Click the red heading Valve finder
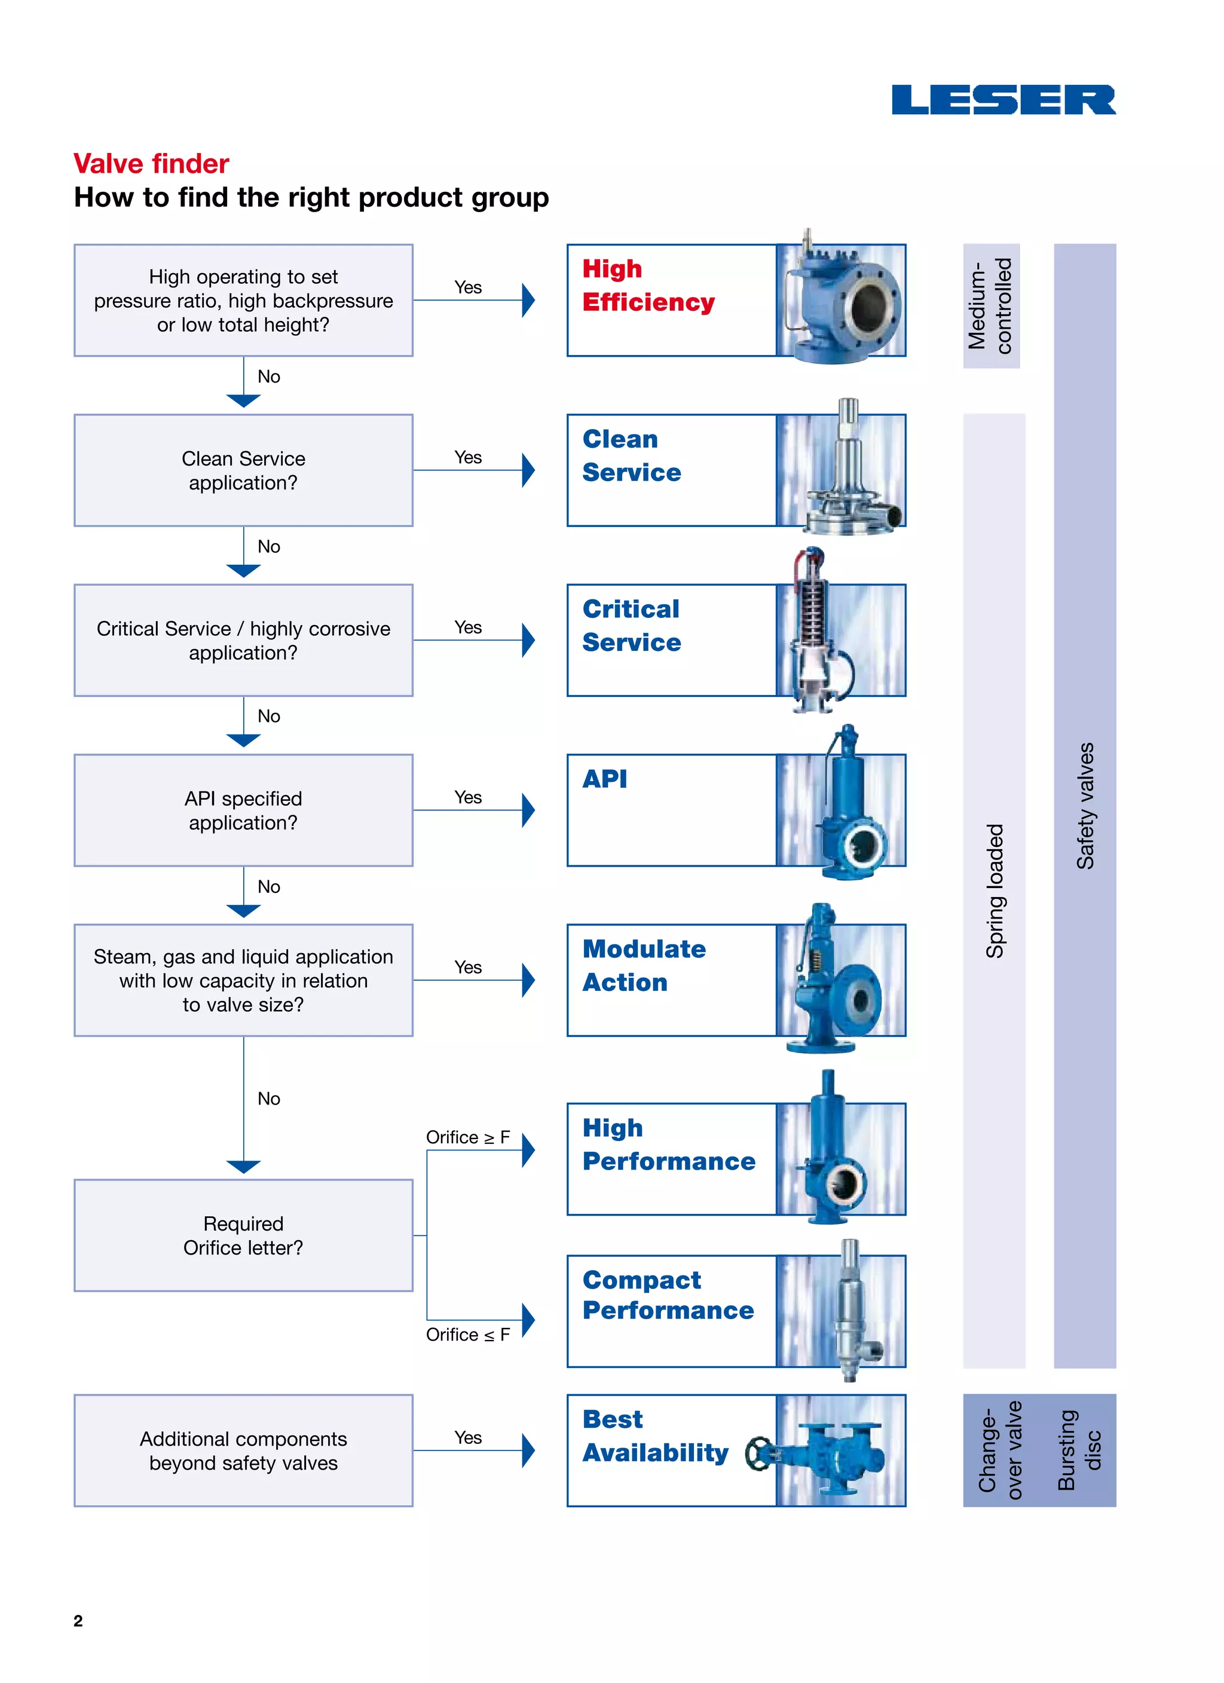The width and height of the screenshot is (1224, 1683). click(151, 163)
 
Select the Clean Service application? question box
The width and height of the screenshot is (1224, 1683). click(243, 470)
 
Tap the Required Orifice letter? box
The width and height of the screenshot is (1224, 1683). click(243, 1235)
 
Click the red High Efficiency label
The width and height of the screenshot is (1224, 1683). click(648, 286)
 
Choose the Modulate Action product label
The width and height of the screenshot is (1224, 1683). click(644, 965)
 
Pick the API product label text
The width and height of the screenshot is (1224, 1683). click(604, 779)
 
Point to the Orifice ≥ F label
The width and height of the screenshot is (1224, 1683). click(467, 1137)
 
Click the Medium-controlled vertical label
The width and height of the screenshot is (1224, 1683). click(991, 306)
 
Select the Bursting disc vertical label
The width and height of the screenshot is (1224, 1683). click(1079, 1450)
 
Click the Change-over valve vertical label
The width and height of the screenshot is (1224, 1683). click(1000, 1450)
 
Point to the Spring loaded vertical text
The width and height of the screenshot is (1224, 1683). click(994, 891)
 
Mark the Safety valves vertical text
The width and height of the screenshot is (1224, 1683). click(1085, 806)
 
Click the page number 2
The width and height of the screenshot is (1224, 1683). click(78, 1621)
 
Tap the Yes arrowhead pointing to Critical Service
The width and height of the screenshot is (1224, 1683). click(528, 641)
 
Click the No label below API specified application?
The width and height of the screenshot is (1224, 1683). click(269, 887)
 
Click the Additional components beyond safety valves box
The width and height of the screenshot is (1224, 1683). click(243, 1451)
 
